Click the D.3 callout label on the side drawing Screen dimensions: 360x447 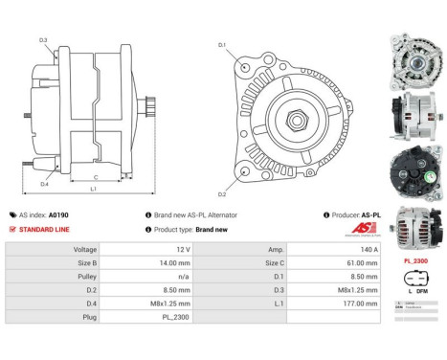pyautogui.click(x=44, y=40)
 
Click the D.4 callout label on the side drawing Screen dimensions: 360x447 pyautogui.click(x=44, y=184)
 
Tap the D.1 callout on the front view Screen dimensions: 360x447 pyautogui.click(x=222, y=45)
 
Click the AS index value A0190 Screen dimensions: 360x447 pyautogui.click(x=58, y=215)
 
